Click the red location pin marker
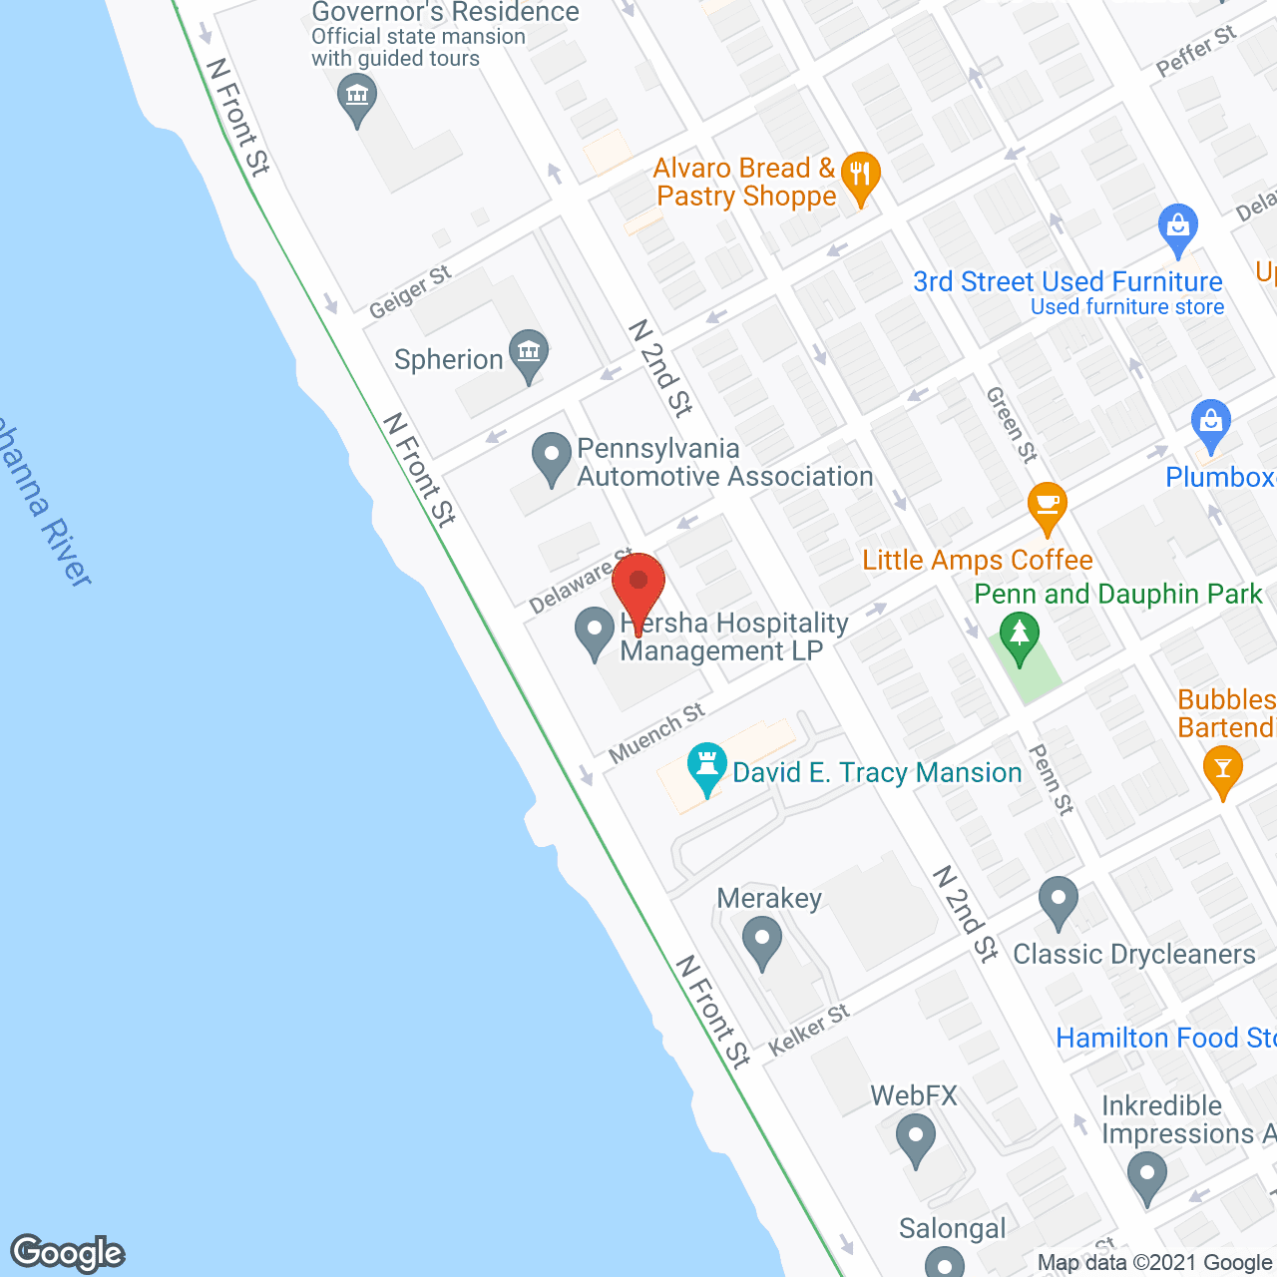pyautogui.click(x=638, y=583)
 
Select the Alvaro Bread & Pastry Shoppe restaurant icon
pyautogui.click(x=860, y=176)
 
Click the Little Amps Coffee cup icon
pyautogui.click(x=1047, y=503)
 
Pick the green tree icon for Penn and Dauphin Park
pyautogui.click(x=1019, y=636)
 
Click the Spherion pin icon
pyautogui.click(x=528, y=352)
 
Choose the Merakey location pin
pyautogui.click(x=763, y=940)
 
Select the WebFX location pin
pyautogui.click(x=915, y=1136)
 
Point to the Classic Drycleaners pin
pyautogui.click(x=1058, y=899)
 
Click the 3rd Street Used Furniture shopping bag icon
pyautogui.click(x=1178, y=226)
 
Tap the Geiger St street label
pyautogui.click(x=410, y=292)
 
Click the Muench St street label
pyautogui.click(x=656, y=732)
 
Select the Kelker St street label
pyautogui.click(x=809, y=1030)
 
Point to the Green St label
pyautogui.click(x=1012, y=425)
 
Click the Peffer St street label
pyautogui.click(x=1196, y=51)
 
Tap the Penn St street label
pyautogui.click(x=1052, y=779)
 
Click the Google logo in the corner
pyautogui.click(x=68, y=1253)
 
